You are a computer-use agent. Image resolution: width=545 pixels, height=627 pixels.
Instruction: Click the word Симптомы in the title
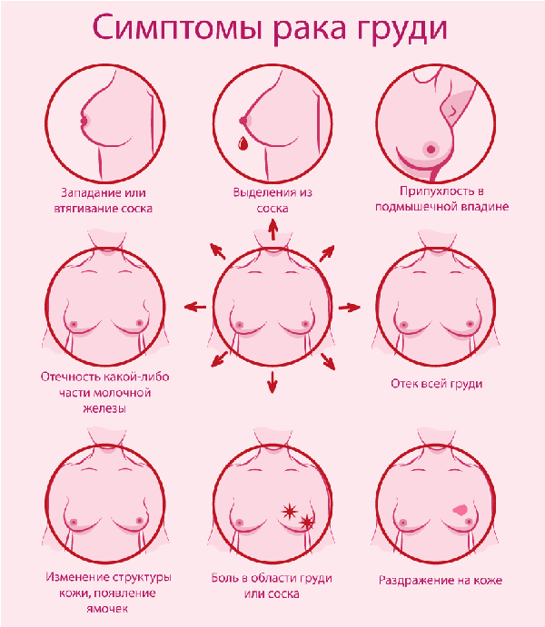point(177,27)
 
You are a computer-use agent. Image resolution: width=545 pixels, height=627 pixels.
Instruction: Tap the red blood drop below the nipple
point(243,143)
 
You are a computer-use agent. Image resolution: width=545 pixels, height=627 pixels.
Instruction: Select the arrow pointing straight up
point(272,230)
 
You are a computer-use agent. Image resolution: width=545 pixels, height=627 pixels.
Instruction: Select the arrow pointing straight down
point(272,382)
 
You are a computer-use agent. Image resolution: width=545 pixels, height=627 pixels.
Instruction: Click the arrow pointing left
point(195,307)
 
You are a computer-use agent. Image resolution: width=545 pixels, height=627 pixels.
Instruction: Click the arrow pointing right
point(350,307)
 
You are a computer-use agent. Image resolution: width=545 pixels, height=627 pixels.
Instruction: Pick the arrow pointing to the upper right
point(327,253)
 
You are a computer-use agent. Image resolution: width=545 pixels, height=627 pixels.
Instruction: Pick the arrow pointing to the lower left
point(219,359)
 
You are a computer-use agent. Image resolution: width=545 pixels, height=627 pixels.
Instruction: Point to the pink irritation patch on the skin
point(460,509)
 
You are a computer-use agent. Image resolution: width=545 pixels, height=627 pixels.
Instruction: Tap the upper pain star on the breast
point(289,511)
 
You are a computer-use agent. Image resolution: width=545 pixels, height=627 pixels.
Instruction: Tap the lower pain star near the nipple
point(306,522)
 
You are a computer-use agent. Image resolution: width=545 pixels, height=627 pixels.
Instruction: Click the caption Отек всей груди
point(437,385)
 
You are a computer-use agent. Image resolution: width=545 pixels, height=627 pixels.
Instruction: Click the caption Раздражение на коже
point(441,580)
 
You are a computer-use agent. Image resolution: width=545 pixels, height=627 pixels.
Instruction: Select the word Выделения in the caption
point(262,192)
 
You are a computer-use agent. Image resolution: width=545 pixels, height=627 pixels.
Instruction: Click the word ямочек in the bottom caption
point(107,609)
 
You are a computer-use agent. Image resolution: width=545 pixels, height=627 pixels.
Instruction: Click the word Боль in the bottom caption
point(225,578)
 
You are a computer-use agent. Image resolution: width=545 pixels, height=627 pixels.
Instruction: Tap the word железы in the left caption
point(104,408)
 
